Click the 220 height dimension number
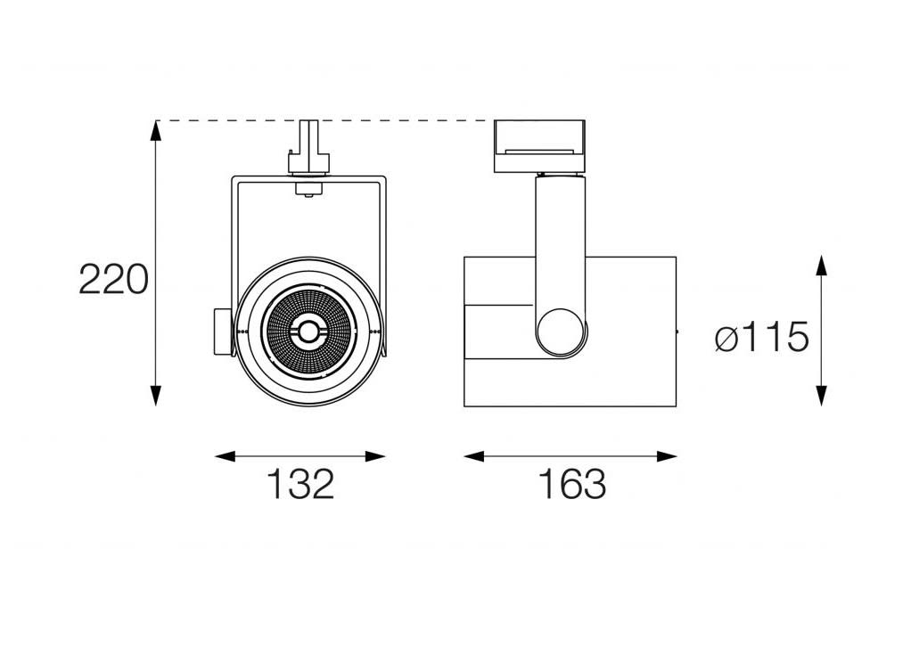(114, 279)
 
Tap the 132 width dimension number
(301, 484)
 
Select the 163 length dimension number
(572, 484)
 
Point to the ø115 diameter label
(761, 336)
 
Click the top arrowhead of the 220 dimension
(155, 131)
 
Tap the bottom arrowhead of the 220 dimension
(155, 396)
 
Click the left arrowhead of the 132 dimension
(225, 456)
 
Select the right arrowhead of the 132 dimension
(375, 456)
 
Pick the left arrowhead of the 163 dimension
(474, 456)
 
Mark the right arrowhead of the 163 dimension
(667, 456)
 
